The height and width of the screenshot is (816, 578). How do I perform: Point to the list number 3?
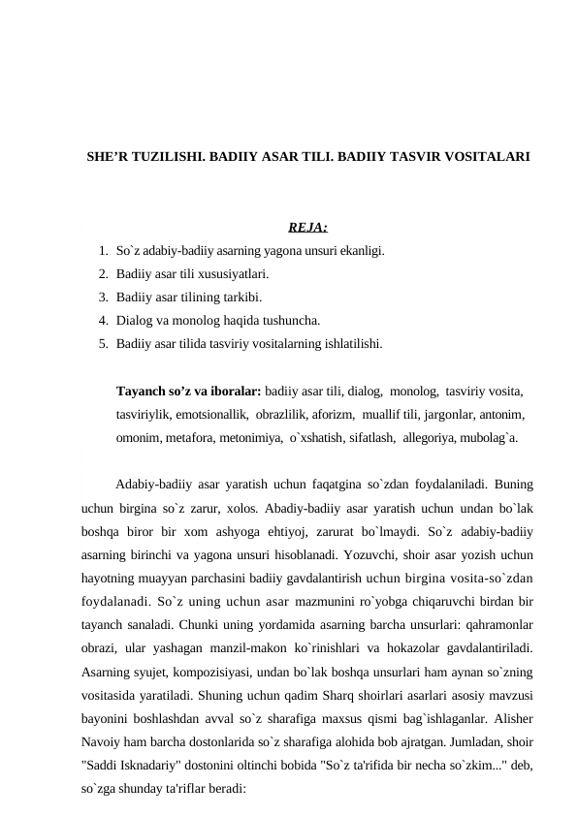103,298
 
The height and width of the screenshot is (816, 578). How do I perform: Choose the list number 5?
103,343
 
